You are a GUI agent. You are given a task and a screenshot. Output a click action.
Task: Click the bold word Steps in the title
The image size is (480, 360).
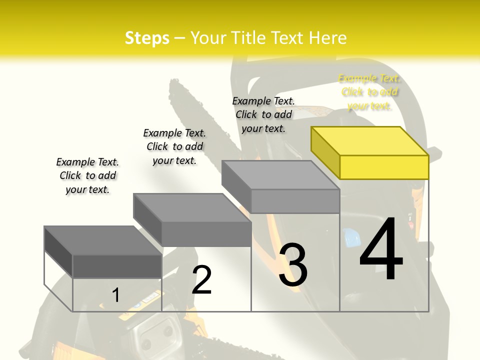tap(147, 38)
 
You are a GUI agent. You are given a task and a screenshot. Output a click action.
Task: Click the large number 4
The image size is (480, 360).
tap(381, 249)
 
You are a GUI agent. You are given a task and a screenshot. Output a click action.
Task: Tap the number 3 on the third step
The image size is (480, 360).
tap(293, 265)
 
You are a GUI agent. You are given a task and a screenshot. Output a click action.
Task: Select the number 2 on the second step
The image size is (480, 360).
tap(202, 280)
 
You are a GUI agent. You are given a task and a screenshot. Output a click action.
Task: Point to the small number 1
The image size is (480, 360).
tap(115, 295)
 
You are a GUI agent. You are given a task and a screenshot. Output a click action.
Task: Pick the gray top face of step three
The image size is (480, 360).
tap(280, 175)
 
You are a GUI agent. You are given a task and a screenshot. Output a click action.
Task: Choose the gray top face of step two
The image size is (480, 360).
tap(192, 208)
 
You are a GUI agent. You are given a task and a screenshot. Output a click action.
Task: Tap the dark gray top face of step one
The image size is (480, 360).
tap(103, 240)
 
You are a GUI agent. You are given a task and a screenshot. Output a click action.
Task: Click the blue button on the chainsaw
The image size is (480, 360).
tap(352, 235)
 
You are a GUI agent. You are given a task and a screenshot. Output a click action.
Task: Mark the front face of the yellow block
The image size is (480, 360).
tap(384, 167)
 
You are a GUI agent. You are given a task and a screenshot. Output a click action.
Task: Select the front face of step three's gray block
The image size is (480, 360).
tap(295, 201)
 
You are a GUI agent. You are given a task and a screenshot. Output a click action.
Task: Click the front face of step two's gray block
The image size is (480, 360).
tap(206, 234)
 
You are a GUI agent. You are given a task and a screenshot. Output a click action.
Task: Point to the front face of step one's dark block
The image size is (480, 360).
tap(117, 266)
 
